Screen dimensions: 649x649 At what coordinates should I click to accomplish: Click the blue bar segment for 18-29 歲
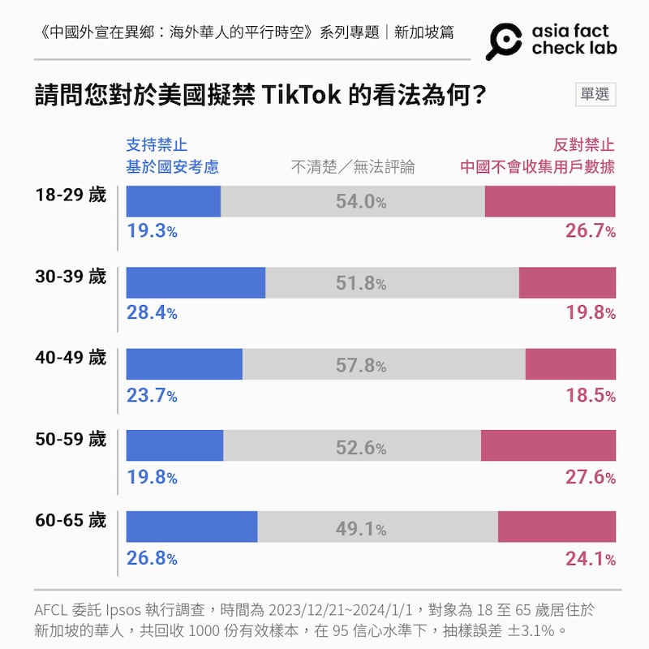[x=174, y=201]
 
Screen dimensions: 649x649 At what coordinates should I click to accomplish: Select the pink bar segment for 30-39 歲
[x=567, y=282]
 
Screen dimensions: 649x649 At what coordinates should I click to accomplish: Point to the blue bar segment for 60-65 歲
[x=191, y=527]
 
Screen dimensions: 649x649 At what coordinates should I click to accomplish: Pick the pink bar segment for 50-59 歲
[x=548, y=445]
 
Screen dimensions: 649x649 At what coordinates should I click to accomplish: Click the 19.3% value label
[x=152, y=231]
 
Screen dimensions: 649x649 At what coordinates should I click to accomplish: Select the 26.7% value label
[x=590, y=231]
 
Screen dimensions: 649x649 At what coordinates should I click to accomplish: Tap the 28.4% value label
[x=152, y=312]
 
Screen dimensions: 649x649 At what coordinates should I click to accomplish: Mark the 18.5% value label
[x=590, y=395]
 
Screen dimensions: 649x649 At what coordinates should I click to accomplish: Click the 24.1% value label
[x=590, y=558]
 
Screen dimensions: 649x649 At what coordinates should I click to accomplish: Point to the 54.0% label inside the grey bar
[x=361, y=202]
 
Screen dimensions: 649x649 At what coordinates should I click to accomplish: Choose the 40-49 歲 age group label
[x=71, y=358]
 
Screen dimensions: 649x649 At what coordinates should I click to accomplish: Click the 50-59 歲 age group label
[x=71, y=439]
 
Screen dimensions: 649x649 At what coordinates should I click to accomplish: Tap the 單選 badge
[x=595, y=94]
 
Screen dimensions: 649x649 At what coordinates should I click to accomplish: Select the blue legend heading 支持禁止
[x=157, y=145]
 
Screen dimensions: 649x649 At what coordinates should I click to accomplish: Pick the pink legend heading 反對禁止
[x=584, y=145]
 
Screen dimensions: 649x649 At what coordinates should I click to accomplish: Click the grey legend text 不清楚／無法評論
[x=353, y=167]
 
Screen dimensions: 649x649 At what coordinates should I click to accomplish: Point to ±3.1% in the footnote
[x=530, y=630]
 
